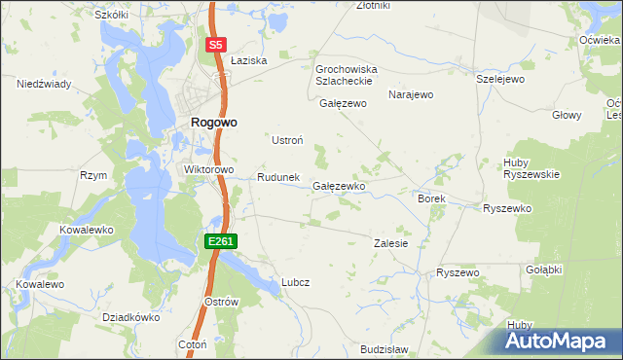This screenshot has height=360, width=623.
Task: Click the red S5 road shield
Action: point(216,45)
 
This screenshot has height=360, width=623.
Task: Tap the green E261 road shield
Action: point(220,240)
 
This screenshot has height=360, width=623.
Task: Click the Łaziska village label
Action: point(250,60)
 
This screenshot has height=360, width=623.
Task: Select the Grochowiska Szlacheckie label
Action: point(346,75)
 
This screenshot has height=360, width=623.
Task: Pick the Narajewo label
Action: point(410,95)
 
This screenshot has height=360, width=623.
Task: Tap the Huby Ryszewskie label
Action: point(531,167)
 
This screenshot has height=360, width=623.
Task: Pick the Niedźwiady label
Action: point(44,85)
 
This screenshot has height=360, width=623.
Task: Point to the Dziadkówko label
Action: point(130,317)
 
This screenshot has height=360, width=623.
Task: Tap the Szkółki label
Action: point(111,16)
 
